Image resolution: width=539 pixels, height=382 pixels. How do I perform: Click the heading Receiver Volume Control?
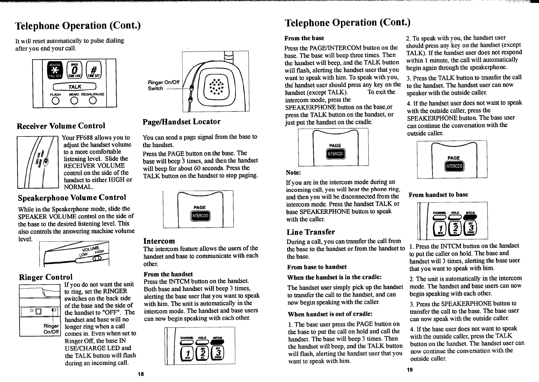(61, 126)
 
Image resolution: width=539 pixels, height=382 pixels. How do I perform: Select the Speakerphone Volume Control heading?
(72, 197)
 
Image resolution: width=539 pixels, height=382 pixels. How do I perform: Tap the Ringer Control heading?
(46, 277)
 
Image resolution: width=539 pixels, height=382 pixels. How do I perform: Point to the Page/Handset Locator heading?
(181, 122)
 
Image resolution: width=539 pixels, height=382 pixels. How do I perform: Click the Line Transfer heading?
(311, 232)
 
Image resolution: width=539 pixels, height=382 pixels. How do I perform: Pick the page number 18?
(140, 374)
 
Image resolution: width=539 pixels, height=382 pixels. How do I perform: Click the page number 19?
(409, 370)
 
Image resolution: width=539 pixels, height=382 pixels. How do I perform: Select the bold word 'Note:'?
(293, 172)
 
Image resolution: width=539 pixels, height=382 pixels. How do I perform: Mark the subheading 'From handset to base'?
(438, 195)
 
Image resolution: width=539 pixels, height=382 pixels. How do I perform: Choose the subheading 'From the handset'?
(168, 274)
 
